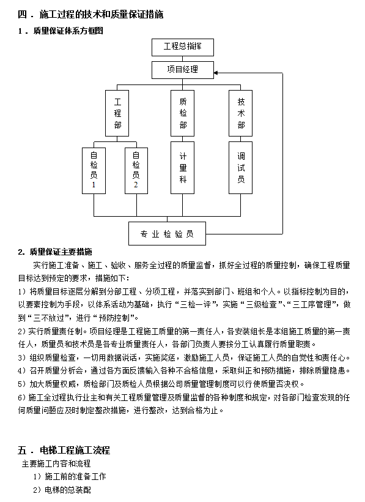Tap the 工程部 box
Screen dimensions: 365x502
[118, 113]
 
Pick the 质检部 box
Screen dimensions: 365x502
[183, 113]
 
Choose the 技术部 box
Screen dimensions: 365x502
[241, 113]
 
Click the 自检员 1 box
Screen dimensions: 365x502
[94, 168]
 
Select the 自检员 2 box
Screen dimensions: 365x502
[136, 168]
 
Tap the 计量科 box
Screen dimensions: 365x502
[183, 168]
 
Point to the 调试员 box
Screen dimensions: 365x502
[241, 168]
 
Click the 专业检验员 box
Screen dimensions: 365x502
[167, 234]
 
